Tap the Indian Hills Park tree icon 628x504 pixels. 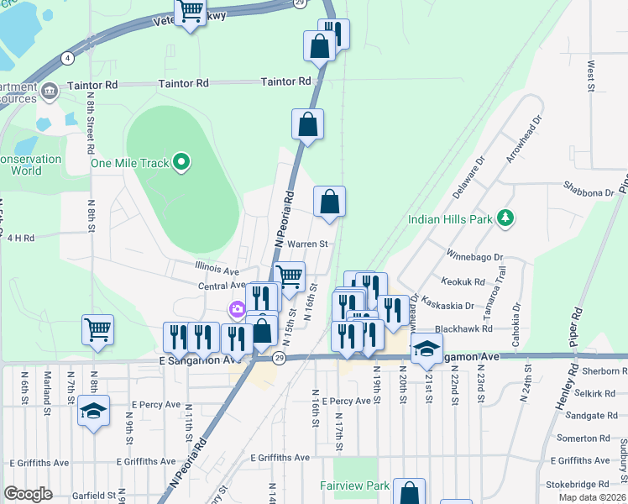pyautogui.click(x=505, y=219)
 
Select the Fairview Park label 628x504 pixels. pyautogui.click(x=354, y=486)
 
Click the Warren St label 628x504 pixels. pyautogui.click(x=306, y=244)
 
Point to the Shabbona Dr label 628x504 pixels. pyautogui.click(x=589, y=192)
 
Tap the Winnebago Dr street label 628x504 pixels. pyautogui.click(x=474, y=257)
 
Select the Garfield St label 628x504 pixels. pyautogui.click(x=81, y=496)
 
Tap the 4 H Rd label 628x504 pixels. pyautogui.click(x=20, y=238)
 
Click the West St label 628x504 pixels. pyautogui.click(x=591, y=76)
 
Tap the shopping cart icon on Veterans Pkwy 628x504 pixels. pyautogui.click(x=191, y=12)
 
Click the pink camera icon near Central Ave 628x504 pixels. pyautogui.click(x=238, y=311)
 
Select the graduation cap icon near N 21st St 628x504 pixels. pyautogui.click(x=427, y=348)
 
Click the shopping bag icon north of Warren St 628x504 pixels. pyautogui.click(x=329, y=201)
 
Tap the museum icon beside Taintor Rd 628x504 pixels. pyautogui.click(x=48, y=89)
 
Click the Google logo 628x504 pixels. pyautogui.click(x=29, y=494)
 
